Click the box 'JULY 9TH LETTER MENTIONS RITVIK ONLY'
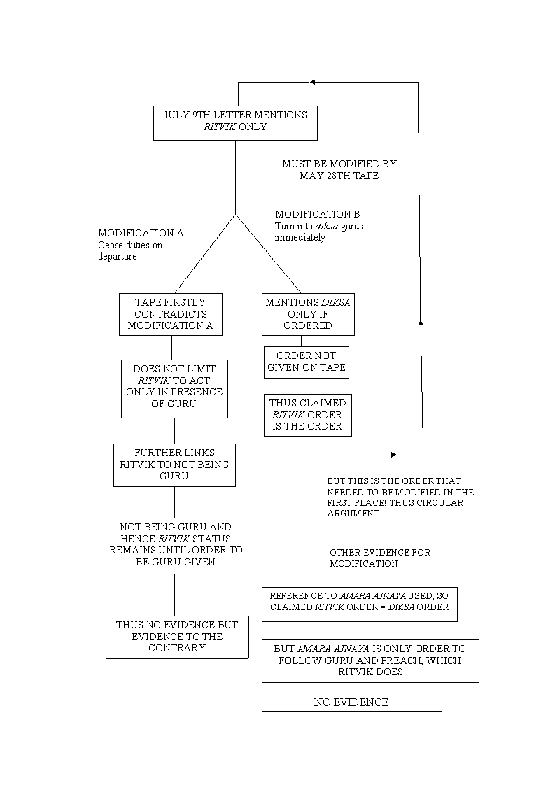coord(235,122)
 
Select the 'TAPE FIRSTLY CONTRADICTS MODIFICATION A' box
coord(171,314)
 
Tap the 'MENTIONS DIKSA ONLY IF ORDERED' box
coord(308,314)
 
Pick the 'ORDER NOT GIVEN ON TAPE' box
coord(307,362)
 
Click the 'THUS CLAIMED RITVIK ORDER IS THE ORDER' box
coord(307,415)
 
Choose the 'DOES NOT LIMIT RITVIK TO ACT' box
coord(174,388)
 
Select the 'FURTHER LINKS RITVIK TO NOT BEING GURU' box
coord(174,465)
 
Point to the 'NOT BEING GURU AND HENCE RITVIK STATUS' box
coord(176,546)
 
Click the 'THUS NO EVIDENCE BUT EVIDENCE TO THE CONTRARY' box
coord(177,637)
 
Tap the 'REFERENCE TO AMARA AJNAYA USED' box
coord(360,604)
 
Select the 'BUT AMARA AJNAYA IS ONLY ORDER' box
coord(370,661)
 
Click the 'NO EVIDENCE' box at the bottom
coord(351,702)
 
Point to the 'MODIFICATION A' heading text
coord(141,233)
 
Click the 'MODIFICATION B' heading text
coord(318,214)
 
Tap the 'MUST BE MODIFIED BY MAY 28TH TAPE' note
coord(339,170)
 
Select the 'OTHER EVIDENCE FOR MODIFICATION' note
coord(380,558)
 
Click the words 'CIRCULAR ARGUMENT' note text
coord(395,508)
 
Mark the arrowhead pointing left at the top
coord(313,82)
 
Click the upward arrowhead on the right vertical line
coord(421,323)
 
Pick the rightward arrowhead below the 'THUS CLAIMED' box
coord(394,455)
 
